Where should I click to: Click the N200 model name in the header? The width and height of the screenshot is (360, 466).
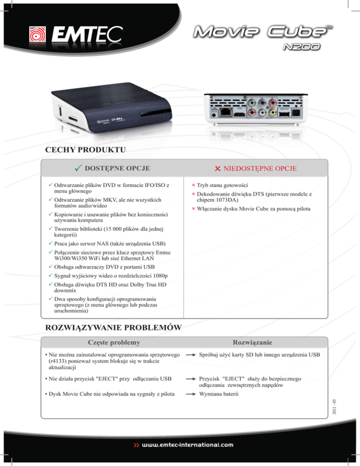coord(301,47)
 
